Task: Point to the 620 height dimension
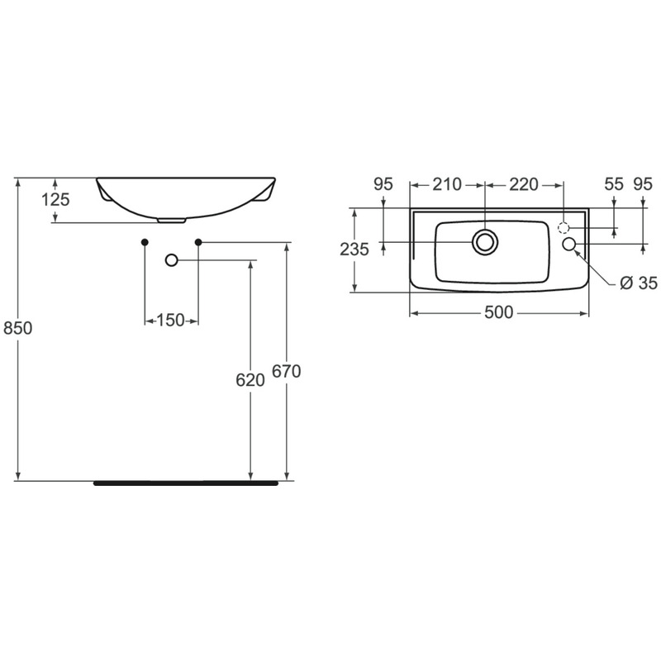coord(250,379)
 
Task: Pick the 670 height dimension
coord(286,371)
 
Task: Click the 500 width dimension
coord(500,312)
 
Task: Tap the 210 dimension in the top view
coord(447,184)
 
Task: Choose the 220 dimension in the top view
coord(523,184)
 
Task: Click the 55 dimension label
coord(613,184)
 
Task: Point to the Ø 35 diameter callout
coord(637,283)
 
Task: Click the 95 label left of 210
coord(383,184)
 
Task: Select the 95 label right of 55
coord(644,184)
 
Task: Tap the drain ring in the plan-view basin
coord(484,241)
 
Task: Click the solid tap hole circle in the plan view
coord(569,245)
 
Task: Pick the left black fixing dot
coord(145,241)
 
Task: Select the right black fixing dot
coord(198,241)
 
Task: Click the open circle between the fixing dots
coord(172,260)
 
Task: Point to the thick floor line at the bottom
coord(186,483)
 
